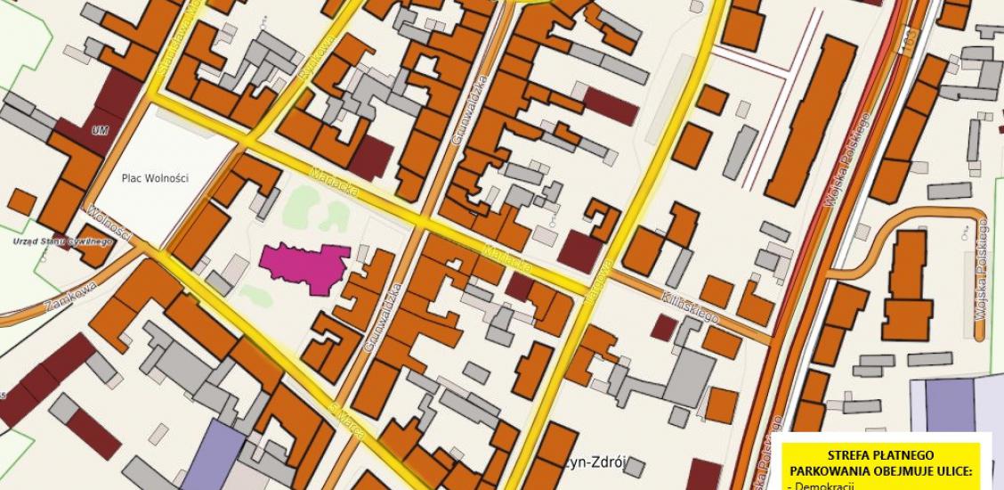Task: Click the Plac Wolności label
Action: coord(155,177)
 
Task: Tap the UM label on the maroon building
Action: coord(100,131)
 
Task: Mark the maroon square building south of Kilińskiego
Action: coord(662,327)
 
